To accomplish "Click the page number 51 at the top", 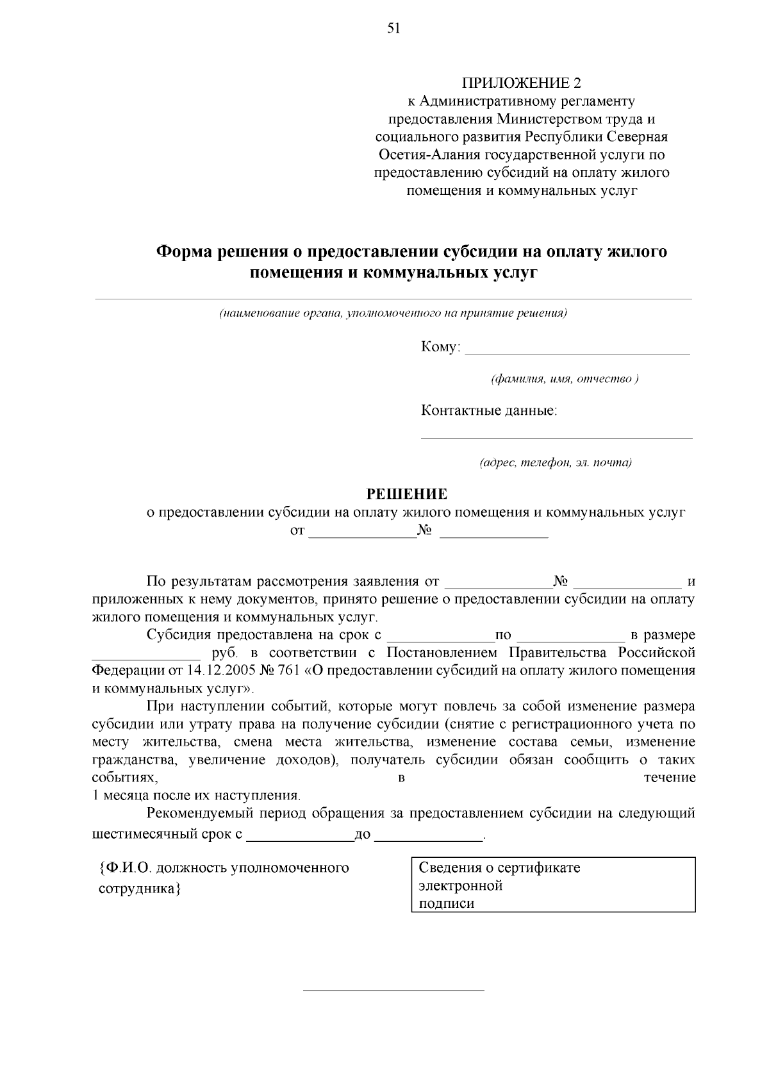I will pyautogui.click(x=393, y=28).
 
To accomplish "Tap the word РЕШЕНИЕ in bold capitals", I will pyautogui.click(x=406, y=494).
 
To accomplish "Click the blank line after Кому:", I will pyautogui.click(x=577, y=349).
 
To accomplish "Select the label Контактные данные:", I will pyautogui.click(x=489, y=410).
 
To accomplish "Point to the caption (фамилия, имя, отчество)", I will pyautogui.click(x=564, y=379).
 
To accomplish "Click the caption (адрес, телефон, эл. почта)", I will pyautogui.click(x=556, y=463).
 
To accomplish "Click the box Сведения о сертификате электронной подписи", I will pyautogui.click(x=552, y=885).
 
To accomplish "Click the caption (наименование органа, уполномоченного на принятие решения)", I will pyautogui.click(x=393, y=314).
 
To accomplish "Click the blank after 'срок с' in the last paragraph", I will pyautogui.click(x=299, y=837).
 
